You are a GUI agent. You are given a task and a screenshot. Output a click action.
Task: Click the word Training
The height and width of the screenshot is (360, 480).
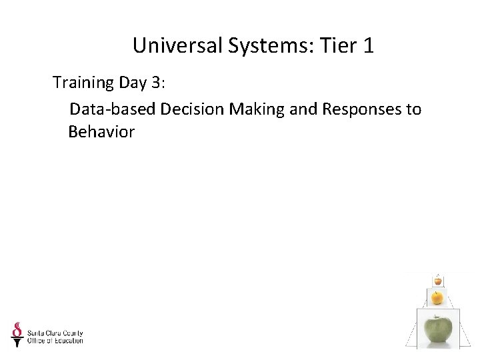pos(83,83)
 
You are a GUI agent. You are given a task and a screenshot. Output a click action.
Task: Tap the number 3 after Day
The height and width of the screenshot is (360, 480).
pos(156,83)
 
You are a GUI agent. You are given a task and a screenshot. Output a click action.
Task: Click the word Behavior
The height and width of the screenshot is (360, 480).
pos(101,132)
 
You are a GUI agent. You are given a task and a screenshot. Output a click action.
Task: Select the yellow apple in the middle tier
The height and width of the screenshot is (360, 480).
pos(437,297)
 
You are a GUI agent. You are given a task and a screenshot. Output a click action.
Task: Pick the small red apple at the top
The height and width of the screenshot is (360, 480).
pos(437,281)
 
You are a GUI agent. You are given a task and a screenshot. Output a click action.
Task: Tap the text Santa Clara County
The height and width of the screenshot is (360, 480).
pos(55,333)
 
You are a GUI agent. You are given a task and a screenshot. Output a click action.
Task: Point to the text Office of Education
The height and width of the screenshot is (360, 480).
pos(55,341)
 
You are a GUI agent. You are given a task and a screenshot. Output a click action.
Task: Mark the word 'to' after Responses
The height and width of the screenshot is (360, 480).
pos(413,108)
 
